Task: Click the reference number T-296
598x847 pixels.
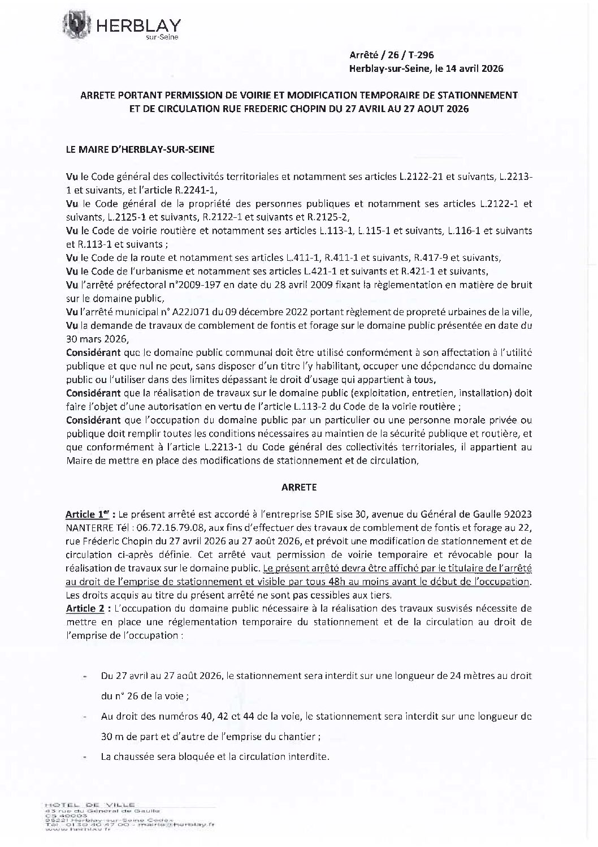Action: (x=421, y=55)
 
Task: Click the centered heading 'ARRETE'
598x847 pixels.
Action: (x=299, y=487)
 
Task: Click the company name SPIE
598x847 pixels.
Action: (x=329, y=514)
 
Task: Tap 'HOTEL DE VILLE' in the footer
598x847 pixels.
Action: (x=88, y=803)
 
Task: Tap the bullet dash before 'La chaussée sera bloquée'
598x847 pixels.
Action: (x=85, y=757)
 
